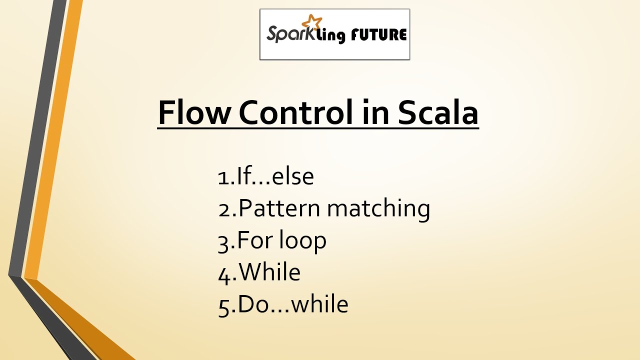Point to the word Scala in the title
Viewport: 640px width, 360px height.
(x=438, y=113)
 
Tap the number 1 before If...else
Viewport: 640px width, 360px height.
(x=223, y=177)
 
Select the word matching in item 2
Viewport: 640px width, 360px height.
(x=378, y=208)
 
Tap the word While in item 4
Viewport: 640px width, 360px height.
(x=269, y=272)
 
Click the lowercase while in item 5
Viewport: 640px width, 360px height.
(x=319, y=304)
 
